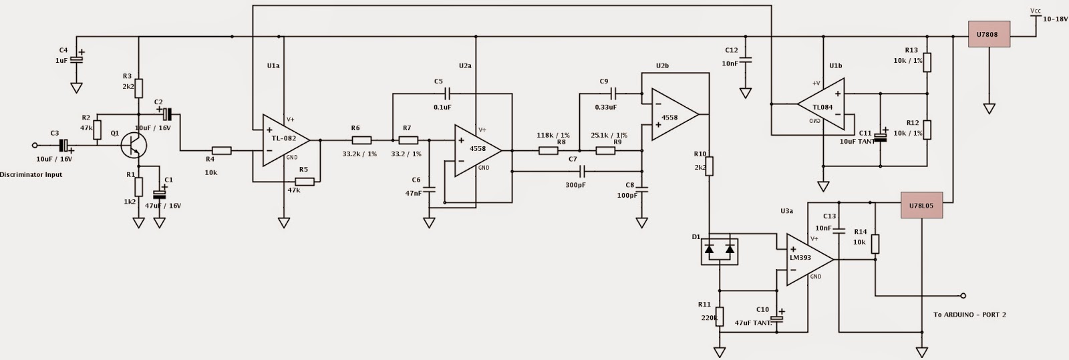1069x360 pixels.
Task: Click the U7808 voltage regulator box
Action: coord(989,33)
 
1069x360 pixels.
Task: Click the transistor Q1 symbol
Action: coord(134,144)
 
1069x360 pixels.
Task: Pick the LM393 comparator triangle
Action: coord(808,259)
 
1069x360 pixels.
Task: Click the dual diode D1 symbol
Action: coord(719,250)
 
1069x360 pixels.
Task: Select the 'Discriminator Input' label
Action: coord(31,175)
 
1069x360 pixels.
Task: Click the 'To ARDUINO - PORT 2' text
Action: coord(969,315)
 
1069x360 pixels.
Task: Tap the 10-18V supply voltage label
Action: coord(1054,20)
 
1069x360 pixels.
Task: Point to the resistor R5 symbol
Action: coord(305,181)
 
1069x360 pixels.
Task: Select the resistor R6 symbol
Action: coord(361,140)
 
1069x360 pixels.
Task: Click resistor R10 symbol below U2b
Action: coord(710,166)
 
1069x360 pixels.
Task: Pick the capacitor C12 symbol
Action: coord(746,61)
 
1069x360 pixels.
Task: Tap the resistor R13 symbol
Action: coord(927,62)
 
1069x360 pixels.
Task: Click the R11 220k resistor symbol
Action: coord(719,316)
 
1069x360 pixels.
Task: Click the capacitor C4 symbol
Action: coord(77,59)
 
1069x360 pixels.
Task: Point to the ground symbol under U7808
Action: coord(989,108)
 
